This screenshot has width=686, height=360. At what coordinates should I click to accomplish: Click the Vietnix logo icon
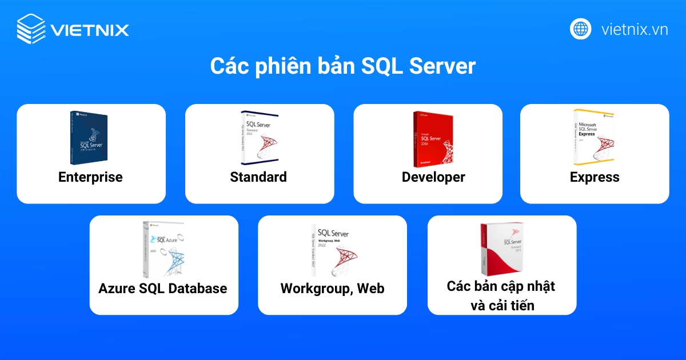(31, 29)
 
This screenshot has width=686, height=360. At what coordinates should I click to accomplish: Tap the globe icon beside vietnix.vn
(580, 29)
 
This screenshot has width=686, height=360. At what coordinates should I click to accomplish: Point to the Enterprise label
(90, 177)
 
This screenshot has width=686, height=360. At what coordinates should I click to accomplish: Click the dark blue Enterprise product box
(90, 137)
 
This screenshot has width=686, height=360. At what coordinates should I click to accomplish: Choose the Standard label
(258, 177)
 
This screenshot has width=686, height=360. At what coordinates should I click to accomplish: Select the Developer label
(433, 177)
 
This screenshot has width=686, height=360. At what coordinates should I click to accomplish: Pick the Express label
(595, 177)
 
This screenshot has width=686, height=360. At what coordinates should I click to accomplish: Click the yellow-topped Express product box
(594, 138)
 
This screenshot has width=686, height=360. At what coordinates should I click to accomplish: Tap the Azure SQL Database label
(163, 289)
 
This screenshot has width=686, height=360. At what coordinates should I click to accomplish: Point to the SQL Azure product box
(163, 249)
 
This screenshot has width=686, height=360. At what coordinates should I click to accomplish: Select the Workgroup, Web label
(332, 289)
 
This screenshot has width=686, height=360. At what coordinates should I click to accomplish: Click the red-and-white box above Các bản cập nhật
(502, 249)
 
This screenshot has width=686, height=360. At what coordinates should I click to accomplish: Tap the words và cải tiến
(502, 305)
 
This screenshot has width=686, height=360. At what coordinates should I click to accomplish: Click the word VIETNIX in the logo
(89, 30)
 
